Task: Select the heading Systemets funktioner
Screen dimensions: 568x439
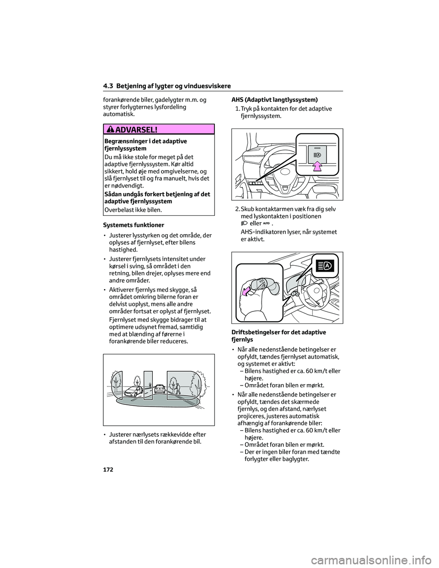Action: pos(133,225)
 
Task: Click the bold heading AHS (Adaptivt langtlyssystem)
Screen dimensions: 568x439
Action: pos(274,100)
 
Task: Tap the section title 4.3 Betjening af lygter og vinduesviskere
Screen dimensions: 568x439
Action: pos(166,86)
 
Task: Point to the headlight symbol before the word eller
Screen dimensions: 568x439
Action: pos(244,223)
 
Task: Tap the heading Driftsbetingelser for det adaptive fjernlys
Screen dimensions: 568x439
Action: pos(278,336)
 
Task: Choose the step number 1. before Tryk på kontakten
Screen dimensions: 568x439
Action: pos(237,108)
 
